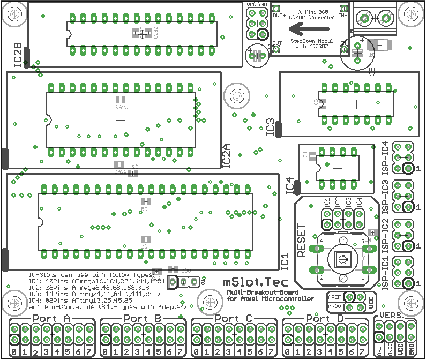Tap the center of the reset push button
(341, 259)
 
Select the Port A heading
(51, 319)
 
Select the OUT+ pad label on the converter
(279, 16)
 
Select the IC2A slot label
(227, 155)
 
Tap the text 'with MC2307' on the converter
(310, 46)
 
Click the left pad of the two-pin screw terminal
(364, 19)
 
